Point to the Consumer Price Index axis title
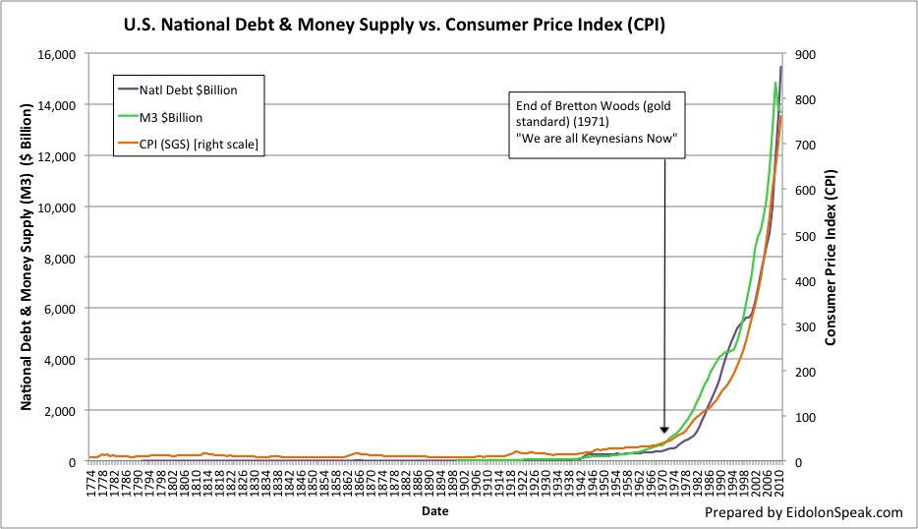pyautogui.click(x=832, y=257)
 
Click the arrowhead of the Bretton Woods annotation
pyautogui.click(x=665, y=430)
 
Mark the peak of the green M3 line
pyautogui.click(x=775, y=83)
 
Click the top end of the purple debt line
pyautogui.click(x=781, y=67)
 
